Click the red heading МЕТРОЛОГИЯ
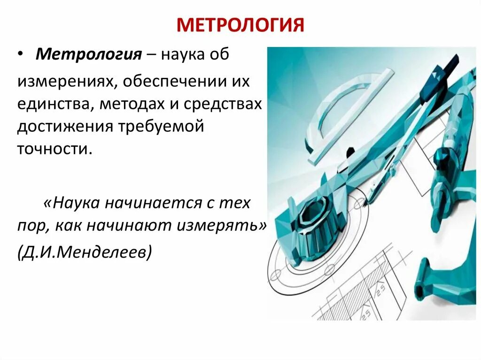[240, 25]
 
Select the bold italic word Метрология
[89, 54]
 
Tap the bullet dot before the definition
[22, 54]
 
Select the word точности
[53, 148]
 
